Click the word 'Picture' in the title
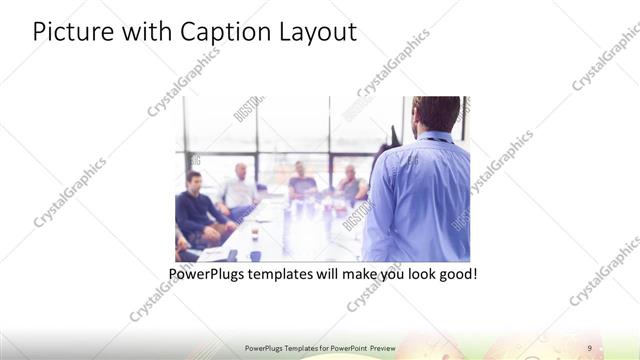click(68, 32)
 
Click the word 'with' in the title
click(142, 32)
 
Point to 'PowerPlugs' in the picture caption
click(204, 273)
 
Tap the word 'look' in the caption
click(417, 273)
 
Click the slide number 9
click(590, 347)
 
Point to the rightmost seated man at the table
click(350, 184)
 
